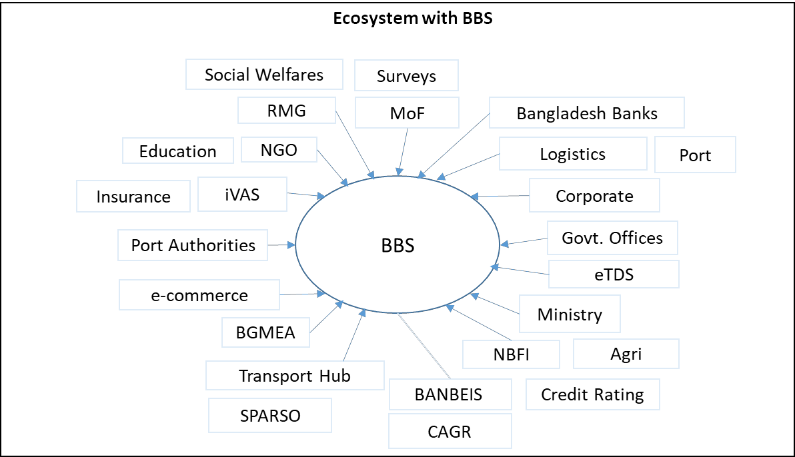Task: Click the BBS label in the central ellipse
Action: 397,245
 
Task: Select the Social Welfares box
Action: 264,75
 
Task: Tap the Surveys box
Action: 406,76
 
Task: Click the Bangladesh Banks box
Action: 586,113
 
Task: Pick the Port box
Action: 695,155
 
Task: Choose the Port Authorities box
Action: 193,245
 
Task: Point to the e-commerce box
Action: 199,295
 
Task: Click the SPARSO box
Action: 270,416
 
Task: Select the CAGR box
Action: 450,431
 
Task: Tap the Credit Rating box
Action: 592,394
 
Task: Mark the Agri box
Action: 626,354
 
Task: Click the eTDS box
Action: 614,274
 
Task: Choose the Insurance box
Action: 133,197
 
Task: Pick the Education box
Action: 177,151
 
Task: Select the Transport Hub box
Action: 295,376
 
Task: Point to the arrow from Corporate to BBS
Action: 500,197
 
